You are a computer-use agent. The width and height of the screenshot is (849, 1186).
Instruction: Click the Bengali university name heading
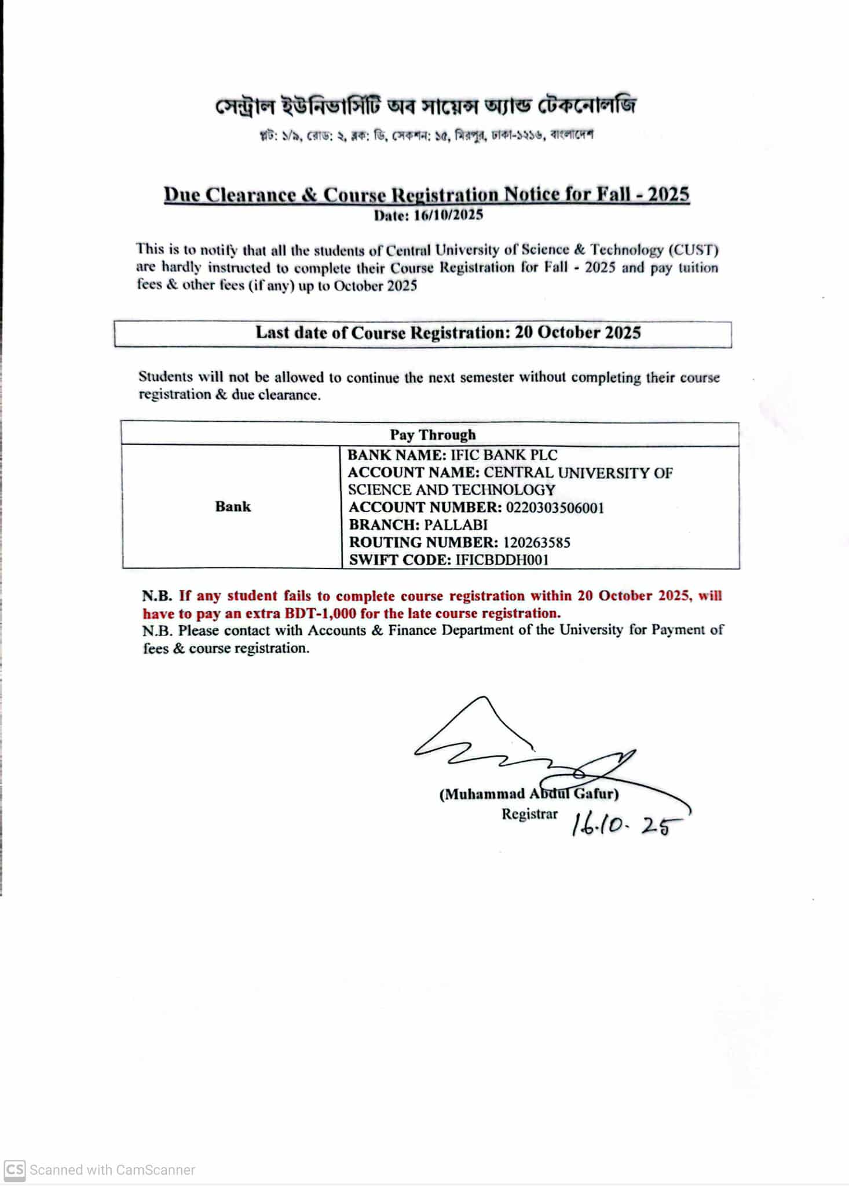[x=426, y=106]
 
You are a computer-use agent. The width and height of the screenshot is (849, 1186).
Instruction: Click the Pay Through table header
[x=432, y=435]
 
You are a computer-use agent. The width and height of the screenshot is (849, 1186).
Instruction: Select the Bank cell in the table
[x=233, y=506]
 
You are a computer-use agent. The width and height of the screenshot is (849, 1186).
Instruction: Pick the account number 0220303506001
[x=554, y=508]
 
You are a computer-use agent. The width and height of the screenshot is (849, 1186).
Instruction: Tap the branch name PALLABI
[x=455, y=525]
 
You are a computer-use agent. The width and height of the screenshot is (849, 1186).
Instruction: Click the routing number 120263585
[x=536, y=542]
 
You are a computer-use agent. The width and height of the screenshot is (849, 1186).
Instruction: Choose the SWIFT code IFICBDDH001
[x=502, y=560]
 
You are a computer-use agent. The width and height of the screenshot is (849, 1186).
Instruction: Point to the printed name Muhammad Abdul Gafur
[x=529, y=794]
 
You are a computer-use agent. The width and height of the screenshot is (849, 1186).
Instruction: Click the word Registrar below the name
[x=529, y=813]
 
